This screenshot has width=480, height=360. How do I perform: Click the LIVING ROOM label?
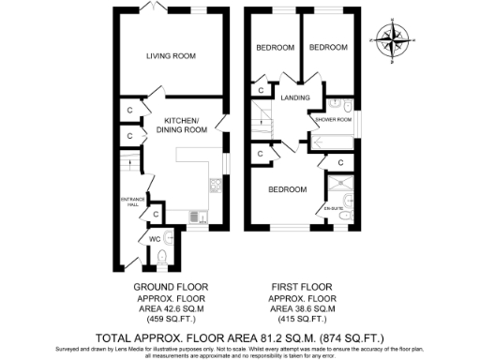pyautogui.click(x=170, y=56)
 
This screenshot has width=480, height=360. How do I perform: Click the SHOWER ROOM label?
pyautogui.click(x=334, y=120)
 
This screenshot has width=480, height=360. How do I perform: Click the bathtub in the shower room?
pyautogui.click(x=333, y=142)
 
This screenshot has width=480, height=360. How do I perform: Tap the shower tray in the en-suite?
pyautogui.click(x=338, y=181)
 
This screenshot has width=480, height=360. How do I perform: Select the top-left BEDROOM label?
pyautogui.click(x=276, y=47)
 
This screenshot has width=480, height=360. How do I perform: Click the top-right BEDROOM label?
pyautogui.click(x=329, y=47)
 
